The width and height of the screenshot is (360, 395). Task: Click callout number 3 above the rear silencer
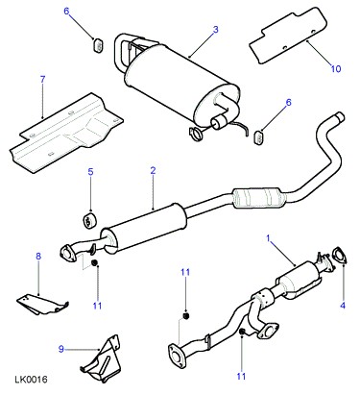216,30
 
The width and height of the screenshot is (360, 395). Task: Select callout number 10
336,68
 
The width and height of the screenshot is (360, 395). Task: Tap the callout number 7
43,79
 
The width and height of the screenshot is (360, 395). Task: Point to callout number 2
153,170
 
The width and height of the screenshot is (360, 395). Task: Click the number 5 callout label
91,172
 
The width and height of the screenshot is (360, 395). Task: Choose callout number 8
38,256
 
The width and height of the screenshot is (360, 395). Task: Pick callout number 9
61,349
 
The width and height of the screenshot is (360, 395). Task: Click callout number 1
269,238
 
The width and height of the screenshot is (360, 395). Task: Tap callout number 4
343,306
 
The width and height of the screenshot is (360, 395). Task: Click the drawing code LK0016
31,380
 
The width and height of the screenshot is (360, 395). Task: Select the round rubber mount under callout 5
89,219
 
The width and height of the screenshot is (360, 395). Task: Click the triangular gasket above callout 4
339,256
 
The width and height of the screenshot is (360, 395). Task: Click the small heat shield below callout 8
42,303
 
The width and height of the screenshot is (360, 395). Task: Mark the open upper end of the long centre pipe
339,116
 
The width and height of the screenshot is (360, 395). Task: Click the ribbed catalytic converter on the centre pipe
258,197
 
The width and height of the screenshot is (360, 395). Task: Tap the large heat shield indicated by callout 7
66,133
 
